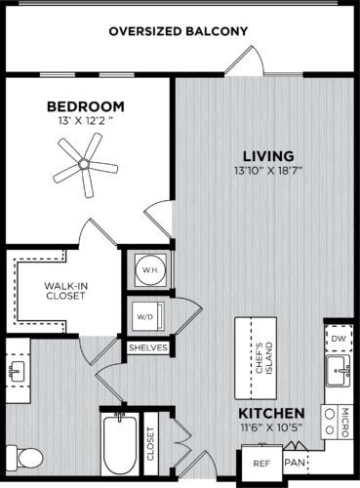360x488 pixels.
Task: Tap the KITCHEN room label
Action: [266, 414]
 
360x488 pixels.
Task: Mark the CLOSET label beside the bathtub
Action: [151, 443]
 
